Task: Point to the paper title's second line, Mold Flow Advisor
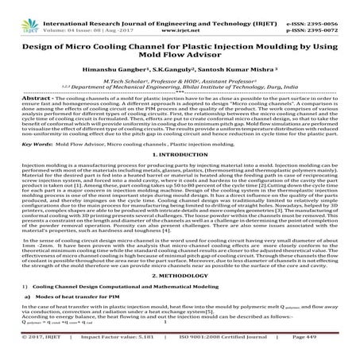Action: tap(180, 52)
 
